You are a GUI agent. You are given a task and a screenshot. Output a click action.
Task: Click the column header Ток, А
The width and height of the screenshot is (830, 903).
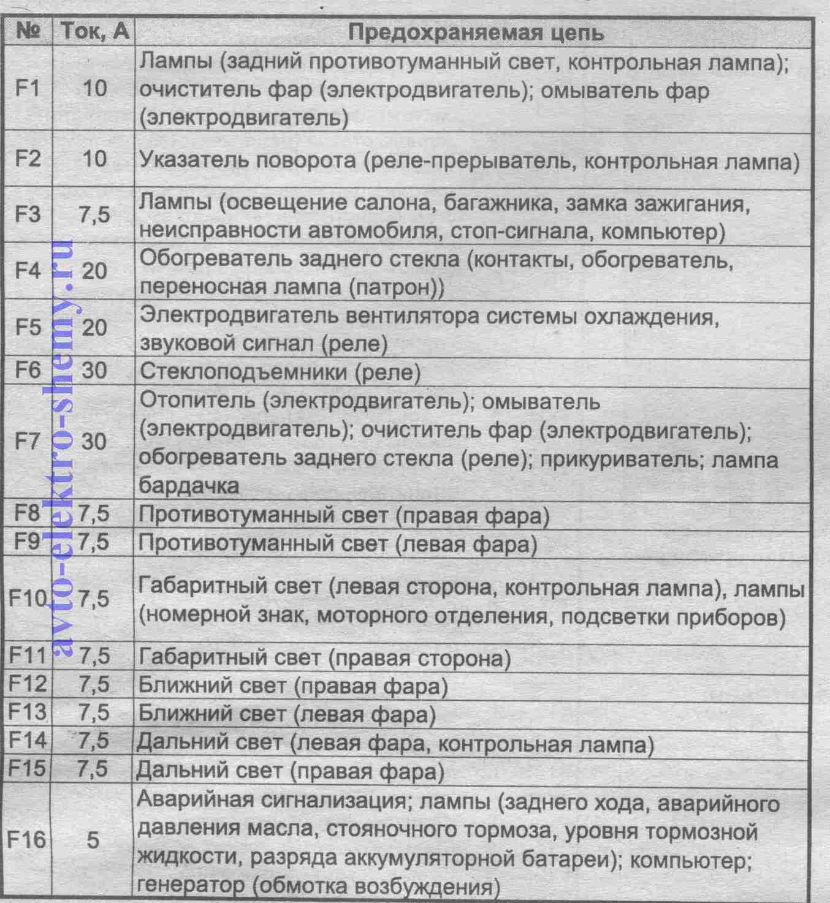[x=96, y=32]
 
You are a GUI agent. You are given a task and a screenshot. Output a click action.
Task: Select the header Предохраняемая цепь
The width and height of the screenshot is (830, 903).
[x=476, y=32]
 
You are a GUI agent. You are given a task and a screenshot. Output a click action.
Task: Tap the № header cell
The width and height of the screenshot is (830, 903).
[x=28, y=32]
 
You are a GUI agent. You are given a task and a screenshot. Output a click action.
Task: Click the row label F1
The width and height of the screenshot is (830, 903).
[x=27, y=89]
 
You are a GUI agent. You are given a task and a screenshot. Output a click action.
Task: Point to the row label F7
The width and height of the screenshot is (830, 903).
[x=27, y=442]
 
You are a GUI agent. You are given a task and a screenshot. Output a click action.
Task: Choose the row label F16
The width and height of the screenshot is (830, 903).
[x=26, y=839]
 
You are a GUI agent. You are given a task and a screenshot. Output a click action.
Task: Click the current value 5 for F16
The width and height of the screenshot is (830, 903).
[x=93, y=840]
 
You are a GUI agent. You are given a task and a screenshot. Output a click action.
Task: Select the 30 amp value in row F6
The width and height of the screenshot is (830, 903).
[x=94, y=371]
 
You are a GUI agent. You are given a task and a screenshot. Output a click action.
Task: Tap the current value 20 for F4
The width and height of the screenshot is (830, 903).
[x=94, y=271]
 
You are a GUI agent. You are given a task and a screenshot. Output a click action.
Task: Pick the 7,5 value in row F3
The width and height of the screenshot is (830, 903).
[x=94, y=215]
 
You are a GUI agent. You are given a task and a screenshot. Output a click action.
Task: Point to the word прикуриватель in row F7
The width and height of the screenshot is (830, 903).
[x=620, y=459]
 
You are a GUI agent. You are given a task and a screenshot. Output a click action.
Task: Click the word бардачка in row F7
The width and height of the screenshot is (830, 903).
[x=189, y=486]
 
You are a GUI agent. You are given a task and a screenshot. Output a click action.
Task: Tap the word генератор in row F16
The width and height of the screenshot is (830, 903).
[x=191, y=886]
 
